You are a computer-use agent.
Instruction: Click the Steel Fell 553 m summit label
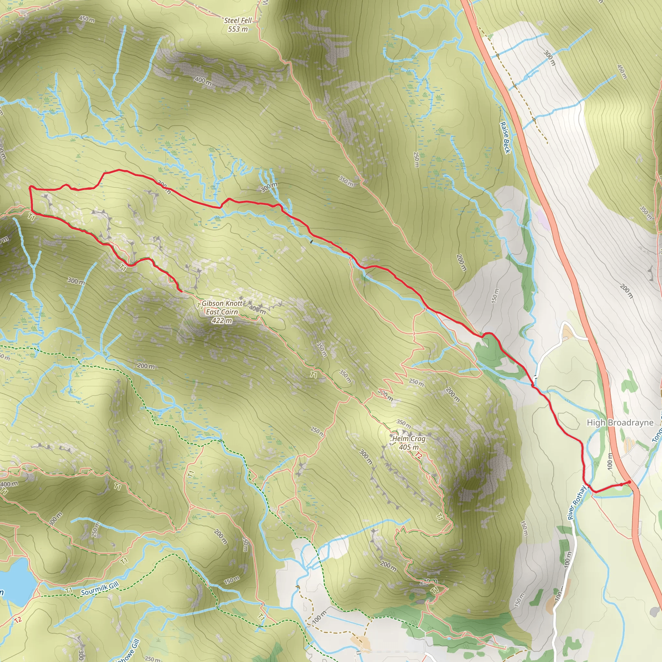tap(238, 25)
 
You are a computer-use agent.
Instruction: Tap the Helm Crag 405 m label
tap(409, 443)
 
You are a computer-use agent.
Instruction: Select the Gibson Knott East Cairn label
tap(222, 308)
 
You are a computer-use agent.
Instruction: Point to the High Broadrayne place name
tap(620, 422)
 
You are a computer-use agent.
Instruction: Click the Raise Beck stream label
tap(506, 137)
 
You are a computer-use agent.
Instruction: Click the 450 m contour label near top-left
tap(87, 19)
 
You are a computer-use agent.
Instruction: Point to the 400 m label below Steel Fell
tap(203, 81)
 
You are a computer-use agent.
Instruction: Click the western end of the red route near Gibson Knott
tap(181, 291)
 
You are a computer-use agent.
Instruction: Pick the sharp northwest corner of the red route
tap(30, 187)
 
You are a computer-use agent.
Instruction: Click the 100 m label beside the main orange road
tap(609, 461)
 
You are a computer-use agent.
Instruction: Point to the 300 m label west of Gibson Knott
tap(76, 281)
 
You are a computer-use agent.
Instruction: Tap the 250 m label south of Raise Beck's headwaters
tap(416, 160)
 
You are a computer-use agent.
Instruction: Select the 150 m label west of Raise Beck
tap(495, 295)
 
